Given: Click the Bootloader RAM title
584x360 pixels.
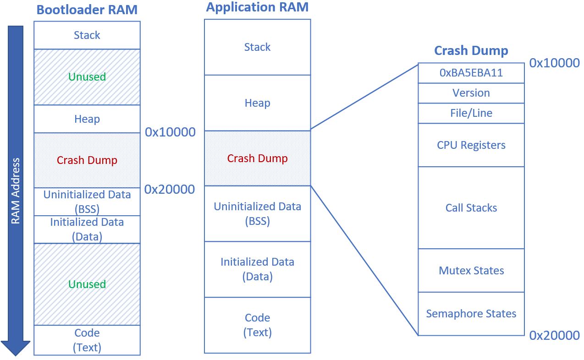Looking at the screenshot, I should [87, 10].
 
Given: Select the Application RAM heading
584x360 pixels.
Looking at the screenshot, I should [257, 7].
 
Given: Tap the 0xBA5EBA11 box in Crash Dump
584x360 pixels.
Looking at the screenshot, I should [471, 73].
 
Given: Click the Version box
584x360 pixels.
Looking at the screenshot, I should [471, 93].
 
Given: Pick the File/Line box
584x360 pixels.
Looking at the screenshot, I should [471, 113].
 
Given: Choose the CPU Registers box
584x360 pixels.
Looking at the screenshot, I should [471, 145].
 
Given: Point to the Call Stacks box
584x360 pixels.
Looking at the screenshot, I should [471, 208].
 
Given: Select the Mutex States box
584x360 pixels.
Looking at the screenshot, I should [471, 271].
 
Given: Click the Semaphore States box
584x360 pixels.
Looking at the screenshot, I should [471, 314].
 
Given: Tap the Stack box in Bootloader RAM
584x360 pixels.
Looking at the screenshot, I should [87, 35].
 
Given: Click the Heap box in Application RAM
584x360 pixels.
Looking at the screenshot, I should [257, 103].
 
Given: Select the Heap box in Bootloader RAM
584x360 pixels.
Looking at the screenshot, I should [87, 119].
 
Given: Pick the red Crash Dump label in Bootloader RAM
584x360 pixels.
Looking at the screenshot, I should [87, 160].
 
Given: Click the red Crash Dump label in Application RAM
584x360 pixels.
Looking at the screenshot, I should [257, 158].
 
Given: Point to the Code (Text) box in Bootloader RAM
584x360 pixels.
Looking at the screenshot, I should [87, 340].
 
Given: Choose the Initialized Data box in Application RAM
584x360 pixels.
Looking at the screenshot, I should [257, 269].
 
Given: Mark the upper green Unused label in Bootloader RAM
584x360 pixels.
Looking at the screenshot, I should [87, 76].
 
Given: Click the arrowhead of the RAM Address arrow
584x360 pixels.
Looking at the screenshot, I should [15, 348].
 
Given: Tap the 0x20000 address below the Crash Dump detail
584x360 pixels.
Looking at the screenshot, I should [554, 335].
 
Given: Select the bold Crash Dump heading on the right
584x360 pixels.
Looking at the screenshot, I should [471, 50].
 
